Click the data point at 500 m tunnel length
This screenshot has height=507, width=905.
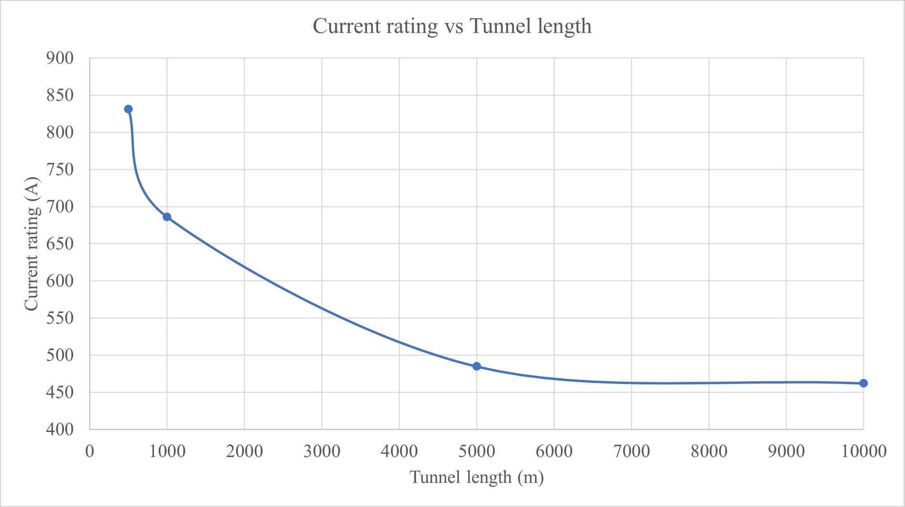128,109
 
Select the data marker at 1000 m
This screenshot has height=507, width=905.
167,217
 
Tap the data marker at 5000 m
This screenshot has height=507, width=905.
477,366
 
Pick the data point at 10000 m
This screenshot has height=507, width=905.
864,383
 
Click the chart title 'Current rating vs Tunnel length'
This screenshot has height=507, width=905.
452,26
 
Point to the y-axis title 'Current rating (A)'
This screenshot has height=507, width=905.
32,244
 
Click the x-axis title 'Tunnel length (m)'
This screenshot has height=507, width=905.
477,477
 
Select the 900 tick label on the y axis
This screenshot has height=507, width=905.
60,58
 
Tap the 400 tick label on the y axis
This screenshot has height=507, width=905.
60,429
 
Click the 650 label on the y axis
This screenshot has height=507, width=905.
60,244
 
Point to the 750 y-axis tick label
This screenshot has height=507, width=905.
60,169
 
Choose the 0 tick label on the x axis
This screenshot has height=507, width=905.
90,451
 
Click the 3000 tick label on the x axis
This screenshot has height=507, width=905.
322,451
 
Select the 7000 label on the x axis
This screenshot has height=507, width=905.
631,451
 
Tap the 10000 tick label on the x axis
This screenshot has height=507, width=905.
864,451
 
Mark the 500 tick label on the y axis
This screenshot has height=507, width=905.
60,355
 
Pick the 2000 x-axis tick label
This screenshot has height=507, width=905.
244,451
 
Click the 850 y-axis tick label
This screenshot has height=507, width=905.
60,95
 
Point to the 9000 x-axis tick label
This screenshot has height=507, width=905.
786,451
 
